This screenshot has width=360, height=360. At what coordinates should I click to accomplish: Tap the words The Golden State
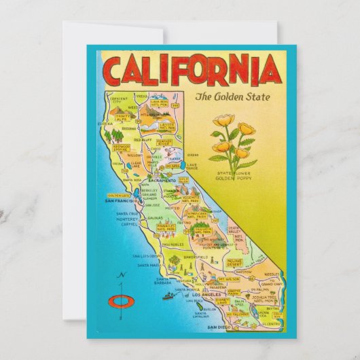point(232,96)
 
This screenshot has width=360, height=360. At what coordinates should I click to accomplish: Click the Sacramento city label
point(161,181)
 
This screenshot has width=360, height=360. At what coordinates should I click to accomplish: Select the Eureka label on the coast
point(105,124)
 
